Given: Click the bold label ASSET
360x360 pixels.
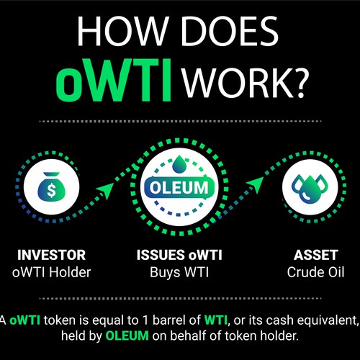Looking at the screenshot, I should click(311, 255).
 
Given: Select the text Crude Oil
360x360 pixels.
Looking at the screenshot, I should click(311, 272).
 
